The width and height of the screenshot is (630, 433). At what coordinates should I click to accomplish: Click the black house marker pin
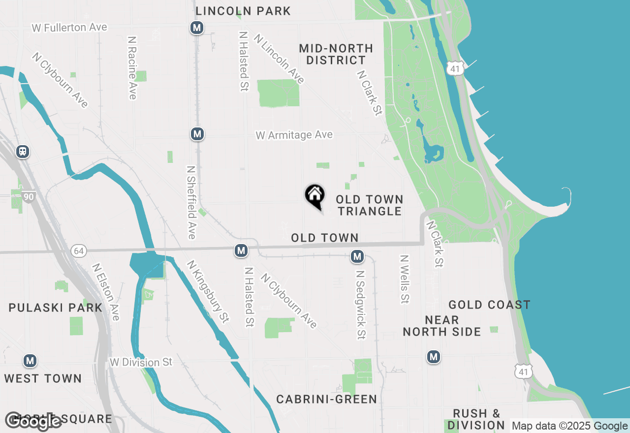pyautogui.click(x=315, y=196)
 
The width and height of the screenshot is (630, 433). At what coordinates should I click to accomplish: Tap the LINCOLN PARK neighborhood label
pyautogui.click(x=243, y=11)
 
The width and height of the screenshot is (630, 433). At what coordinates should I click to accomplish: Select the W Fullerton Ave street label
pyautogui.click(x=69, y=28)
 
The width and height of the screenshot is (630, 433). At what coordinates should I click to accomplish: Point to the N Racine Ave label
pyautogui.click(x=131, y=67)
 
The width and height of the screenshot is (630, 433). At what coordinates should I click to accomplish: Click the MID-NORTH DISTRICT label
pyautogui.click(x=336, y=54)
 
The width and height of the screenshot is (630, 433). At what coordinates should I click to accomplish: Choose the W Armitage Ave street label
pyautogui.click(x=294, y=135)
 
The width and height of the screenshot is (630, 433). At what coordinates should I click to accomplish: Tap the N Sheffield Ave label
pyautogui.click(x=191, y=202)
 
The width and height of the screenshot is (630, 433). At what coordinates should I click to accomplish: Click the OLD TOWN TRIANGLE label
pyautogui.click(x=369, y=205)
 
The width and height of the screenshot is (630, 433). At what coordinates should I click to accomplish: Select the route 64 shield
pyautogui.click(x=78, y=251)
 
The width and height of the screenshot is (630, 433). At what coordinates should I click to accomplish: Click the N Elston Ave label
pyautogui.click(x=106, y=292)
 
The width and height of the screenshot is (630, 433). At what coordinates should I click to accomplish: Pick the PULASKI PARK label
pyautogui.click(x=56, y=308)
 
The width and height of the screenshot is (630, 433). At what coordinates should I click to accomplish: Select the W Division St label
pyautogui.click(x=141, y=362)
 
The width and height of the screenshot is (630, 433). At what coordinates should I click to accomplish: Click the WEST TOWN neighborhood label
pyautogui.click(x=43, y=378)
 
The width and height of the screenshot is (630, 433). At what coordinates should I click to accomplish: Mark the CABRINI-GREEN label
pyautogui.click(x=326, y=399)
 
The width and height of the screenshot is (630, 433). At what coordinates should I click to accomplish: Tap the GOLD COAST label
pyautogui.click(x=489, y=305)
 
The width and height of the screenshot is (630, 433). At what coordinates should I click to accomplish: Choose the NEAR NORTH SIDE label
pyautogui.click(x=442, y=326)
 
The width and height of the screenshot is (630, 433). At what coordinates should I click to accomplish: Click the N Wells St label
pyautogui.click(x=405, y=279)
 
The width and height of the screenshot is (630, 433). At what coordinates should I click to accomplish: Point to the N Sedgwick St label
pyautogui.click(x=361, y=305)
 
